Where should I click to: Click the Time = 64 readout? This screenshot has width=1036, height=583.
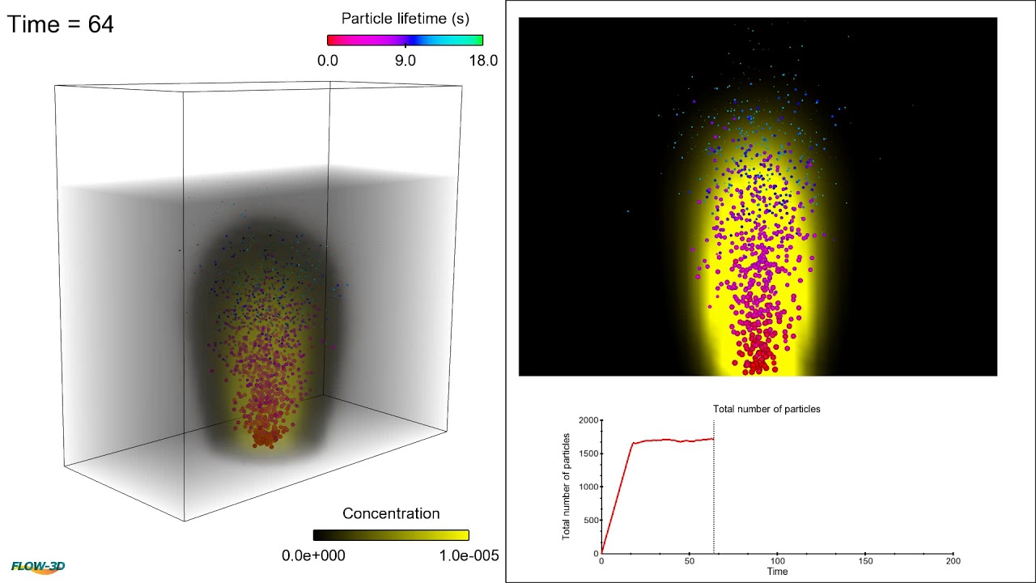coord(61,24)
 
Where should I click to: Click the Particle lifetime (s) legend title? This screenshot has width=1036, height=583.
coord(405,18)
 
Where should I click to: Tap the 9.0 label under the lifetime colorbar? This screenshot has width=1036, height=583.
coord(405,61)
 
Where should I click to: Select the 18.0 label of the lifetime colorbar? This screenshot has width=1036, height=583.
coord(483,61)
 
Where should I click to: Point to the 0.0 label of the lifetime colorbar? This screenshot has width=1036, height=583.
coord(328,61)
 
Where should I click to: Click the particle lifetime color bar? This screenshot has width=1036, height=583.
coord(405,40)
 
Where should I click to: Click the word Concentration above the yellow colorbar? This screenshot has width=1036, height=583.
coord(391,513)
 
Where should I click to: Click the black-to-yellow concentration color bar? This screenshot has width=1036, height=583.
coord(391,534)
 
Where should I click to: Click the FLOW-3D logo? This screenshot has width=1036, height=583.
coord(38,567)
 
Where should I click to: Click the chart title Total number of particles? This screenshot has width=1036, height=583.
coord(766,409)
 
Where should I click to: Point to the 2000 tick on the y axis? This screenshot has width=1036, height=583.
coord(588,420)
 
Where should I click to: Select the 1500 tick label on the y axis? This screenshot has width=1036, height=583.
coord(588,453)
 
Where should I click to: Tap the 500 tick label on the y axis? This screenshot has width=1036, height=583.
coord(592,521)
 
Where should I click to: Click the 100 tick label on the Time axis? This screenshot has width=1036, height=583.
coord(777,561)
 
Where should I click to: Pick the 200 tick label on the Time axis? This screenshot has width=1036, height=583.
coord(953,561)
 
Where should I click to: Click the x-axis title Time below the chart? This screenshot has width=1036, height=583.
coord(777,572)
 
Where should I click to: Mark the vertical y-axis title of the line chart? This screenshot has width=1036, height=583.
coord(567,487)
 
